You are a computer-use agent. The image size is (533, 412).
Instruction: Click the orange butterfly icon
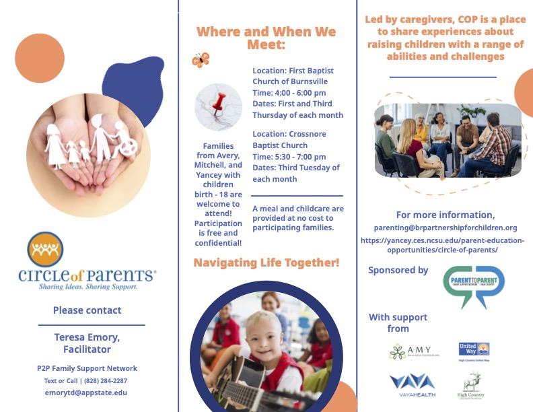[x=201, y=60]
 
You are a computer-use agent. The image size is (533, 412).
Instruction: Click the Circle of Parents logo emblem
[x=46, y=250]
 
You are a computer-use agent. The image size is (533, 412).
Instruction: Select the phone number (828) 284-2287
[x=104, y=380]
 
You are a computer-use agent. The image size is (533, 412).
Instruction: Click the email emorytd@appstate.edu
[x=87, y=392]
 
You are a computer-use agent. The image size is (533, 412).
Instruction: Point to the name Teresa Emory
[x=87, y=337]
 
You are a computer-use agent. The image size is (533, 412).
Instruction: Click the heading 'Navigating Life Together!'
[x=266, y=263]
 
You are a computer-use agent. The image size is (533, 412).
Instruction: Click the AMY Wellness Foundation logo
[x=414, y=351]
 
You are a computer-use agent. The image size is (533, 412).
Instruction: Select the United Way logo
[x=474, y=349]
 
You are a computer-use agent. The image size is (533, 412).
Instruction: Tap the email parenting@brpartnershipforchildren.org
[x=446, y=228]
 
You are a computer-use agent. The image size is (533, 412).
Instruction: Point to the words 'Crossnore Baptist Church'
[x=290, y=139]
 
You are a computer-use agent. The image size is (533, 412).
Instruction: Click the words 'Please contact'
[x=87, y=310]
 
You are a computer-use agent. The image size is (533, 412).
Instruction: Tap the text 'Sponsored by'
[x=398, y=270]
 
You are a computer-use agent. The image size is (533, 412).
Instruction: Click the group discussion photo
[x=448, y=140]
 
